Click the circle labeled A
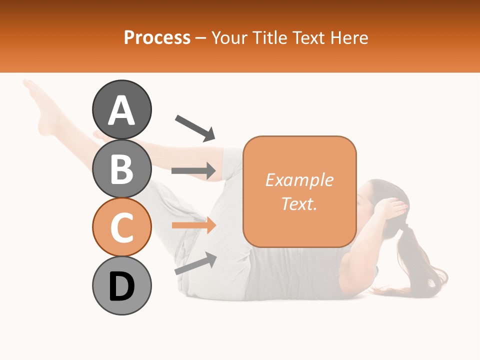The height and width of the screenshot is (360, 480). (x=121, y=110)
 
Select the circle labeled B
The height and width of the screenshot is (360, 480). (x=121, y=169)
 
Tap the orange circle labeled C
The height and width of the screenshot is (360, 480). (x=121, y=227)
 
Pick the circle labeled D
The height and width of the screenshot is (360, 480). (x=121, y=285)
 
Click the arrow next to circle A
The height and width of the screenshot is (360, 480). (x=195, y=127)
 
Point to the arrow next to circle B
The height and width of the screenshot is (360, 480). (x=193, y=171)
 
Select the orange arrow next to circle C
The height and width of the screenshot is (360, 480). (x=193, y=225)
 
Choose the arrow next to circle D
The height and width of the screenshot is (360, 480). (x=195, y=263)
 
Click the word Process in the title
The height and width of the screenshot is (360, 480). (x=157, y=37)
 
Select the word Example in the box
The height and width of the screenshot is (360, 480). (x=299, y=180)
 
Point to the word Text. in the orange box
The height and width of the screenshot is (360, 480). (x=299, y=203)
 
